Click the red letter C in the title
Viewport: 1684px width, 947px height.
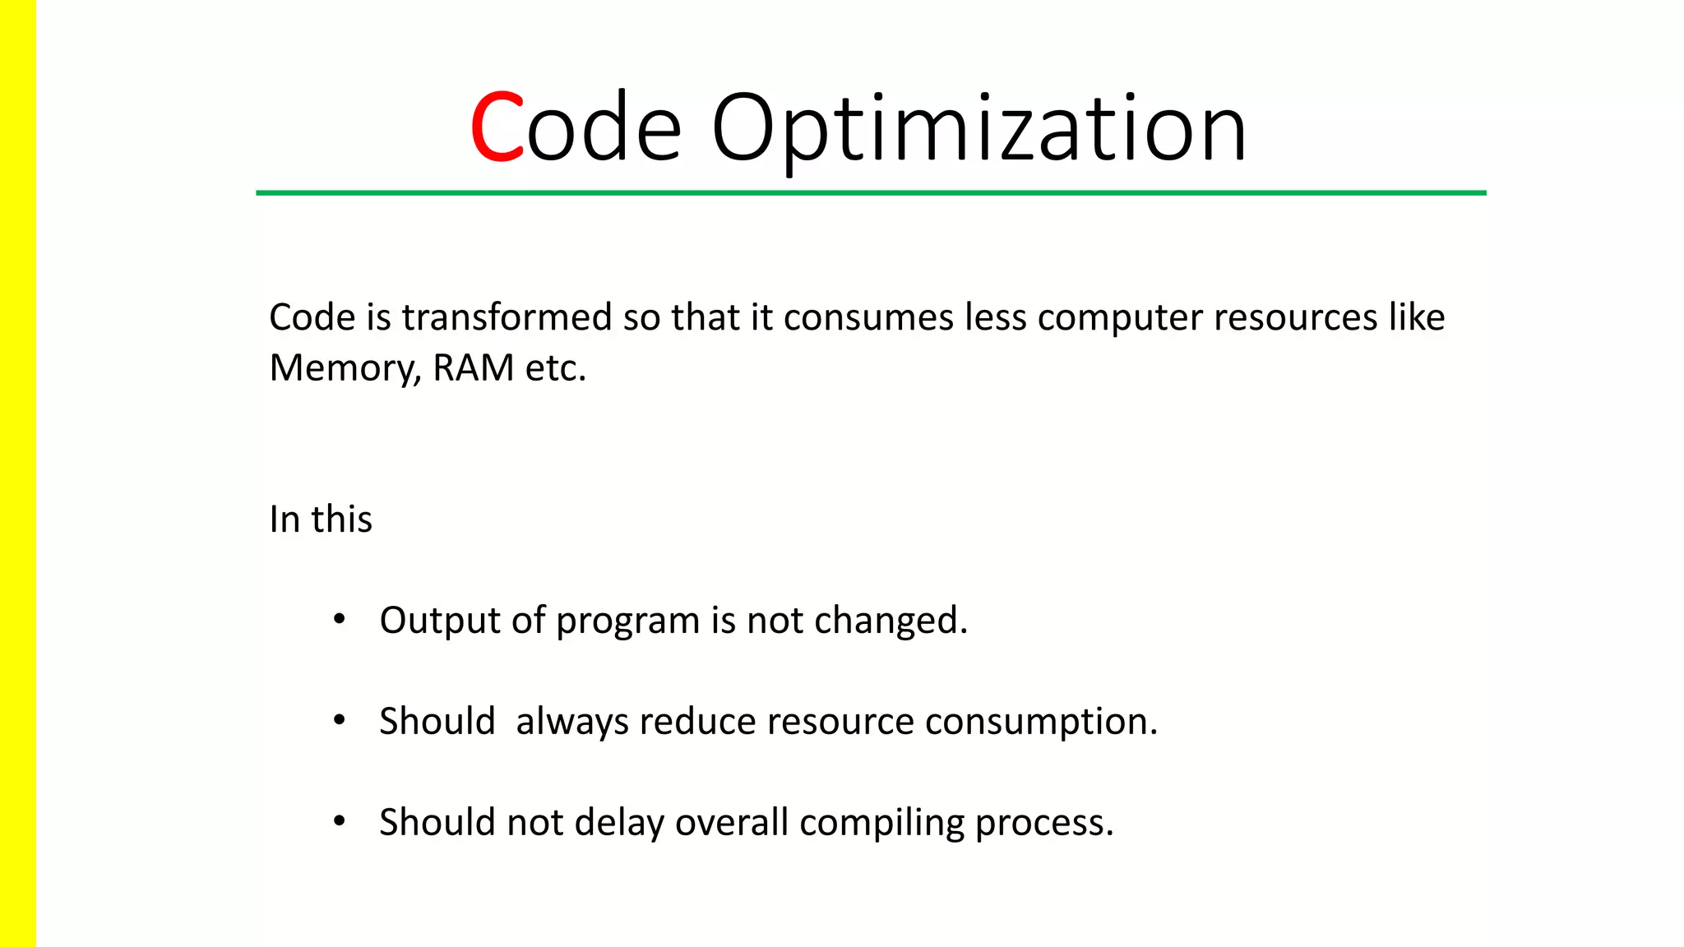[x=497, y=128]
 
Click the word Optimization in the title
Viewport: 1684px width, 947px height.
[x=978, y=128]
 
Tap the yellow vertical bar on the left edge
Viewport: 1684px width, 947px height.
[x=17, y=473]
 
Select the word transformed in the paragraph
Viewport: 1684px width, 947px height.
[x=507, y=317]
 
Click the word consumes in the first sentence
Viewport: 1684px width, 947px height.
[x=868, y=317]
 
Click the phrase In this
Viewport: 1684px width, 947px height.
[x=321, y=520]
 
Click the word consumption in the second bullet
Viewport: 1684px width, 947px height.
[x=1040, y=722]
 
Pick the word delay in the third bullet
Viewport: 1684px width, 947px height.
[x=619, y=823]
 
